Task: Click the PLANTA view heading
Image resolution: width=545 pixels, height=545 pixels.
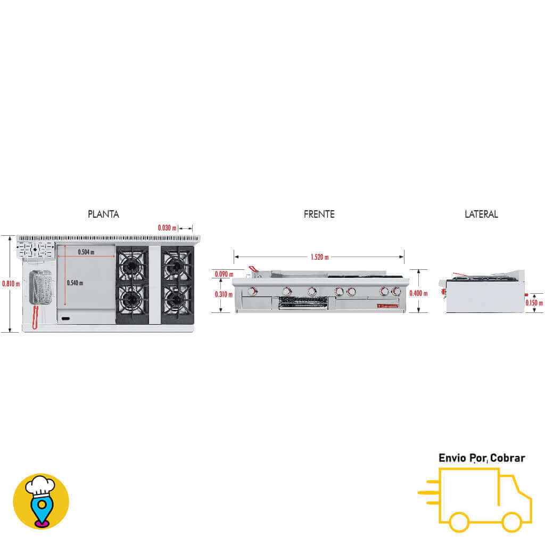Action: (103, 214)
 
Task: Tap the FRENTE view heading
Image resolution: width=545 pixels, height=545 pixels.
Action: (319, 214)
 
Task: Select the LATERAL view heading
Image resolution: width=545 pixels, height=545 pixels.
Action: (481, 214)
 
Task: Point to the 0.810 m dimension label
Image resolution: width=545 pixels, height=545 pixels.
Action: (11, 284)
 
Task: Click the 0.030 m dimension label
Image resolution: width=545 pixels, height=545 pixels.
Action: (167, 228)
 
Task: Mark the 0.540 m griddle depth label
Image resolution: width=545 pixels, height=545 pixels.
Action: (75, 283)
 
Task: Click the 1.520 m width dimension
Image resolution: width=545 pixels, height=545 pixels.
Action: (319, 257)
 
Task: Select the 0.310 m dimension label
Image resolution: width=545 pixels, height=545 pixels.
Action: (224, 294)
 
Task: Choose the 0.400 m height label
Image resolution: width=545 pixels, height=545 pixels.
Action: (418, 293)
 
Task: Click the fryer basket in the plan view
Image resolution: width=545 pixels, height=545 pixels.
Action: (39, 287)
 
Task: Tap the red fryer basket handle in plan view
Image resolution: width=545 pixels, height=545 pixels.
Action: (35, 318)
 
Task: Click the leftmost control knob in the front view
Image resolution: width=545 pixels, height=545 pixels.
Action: (252, 291)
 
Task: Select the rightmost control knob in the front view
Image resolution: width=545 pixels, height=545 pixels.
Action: (396, 291)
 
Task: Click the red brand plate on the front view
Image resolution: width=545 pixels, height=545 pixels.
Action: (387, 305)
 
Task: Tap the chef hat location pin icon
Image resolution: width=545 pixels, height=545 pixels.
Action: (41, 501)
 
